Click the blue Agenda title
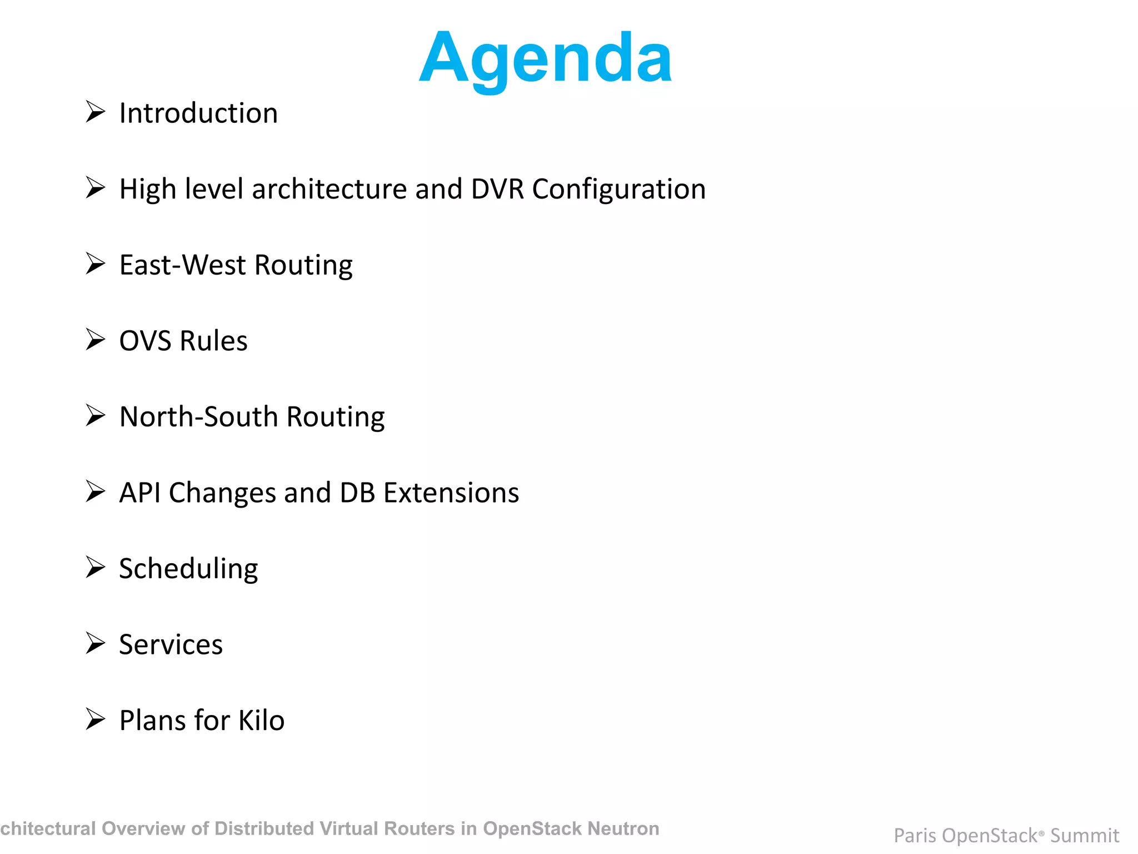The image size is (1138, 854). click(545, 58)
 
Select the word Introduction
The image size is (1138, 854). click(198, 113)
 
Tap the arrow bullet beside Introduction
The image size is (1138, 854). click(96, 112)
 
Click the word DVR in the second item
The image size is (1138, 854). click(497, 189)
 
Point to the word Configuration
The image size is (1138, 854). click(619, 189)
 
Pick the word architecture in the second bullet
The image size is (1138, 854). click(330, 189)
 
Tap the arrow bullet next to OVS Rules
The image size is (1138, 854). click(96, 339)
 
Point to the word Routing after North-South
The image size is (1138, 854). click(336, 417)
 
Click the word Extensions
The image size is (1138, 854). click(451, 493)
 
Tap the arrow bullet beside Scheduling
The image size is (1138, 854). click(96, 567)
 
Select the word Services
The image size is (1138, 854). click(171, 645)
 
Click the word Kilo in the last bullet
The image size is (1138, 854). click(261, 721)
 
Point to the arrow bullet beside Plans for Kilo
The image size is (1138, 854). click(96, 719)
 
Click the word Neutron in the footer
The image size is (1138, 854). click(623, 828)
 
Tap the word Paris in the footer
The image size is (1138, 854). click(915, 836)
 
